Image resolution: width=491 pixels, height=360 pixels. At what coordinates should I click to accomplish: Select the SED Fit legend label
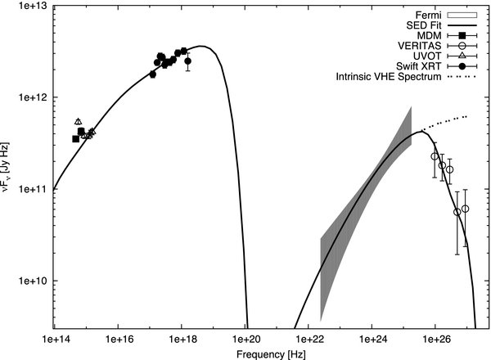(x=423, y=25)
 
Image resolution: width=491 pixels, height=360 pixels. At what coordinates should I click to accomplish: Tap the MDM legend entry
(x=430, y=35)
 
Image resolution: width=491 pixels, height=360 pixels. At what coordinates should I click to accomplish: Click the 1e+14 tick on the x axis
(x=54, y=337)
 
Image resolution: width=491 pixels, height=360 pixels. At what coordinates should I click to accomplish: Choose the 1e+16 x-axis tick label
(x=118, y=337)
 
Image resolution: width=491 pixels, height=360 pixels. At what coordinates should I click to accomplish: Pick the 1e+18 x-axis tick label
(x=181, y=337)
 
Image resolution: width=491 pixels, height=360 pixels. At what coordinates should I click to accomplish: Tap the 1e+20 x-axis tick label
(x=245, y=337)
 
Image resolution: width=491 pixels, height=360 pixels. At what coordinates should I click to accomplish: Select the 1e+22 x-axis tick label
(x=309, y=337)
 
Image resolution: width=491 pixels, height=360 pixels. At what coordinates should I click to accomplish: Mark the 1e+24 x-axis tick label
(x=372, y=337)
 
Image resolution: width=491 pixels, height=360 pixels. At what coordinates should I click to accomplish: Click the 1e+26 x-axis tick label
(x=435, y=337)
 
